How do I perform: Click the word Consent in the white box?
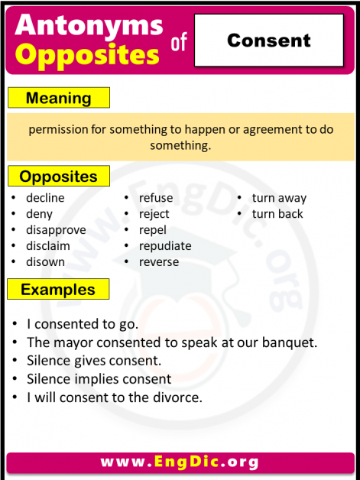[x=268, y=41]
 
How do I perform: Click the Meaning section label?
[x=58, y=98]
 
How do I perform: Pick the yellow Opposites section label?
[x=58, y=177]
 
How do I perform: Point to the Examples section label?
[x=58, y=290]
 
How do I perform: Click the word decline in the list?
[x=45, y=198]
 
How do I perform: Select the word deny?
[x=39, y=214]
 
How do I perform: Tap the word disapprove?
[x=56, y=230]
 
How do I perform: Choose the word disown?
[x=45, y=261]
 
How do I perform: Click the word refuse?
[x=156, y=198]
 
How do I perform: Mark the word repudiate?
[x=165, y=246]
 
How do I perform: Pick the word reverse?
[x=159, y=261]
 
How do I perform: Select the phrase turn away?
[x=279, y=198]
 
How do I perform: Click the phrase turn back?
[x=277, y=214]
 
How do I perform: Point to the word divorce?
[x=178, y=397]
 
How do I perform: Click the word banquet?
[x=290, y=342]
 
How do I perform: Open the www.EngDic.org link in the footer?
[x=180, y=462]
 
